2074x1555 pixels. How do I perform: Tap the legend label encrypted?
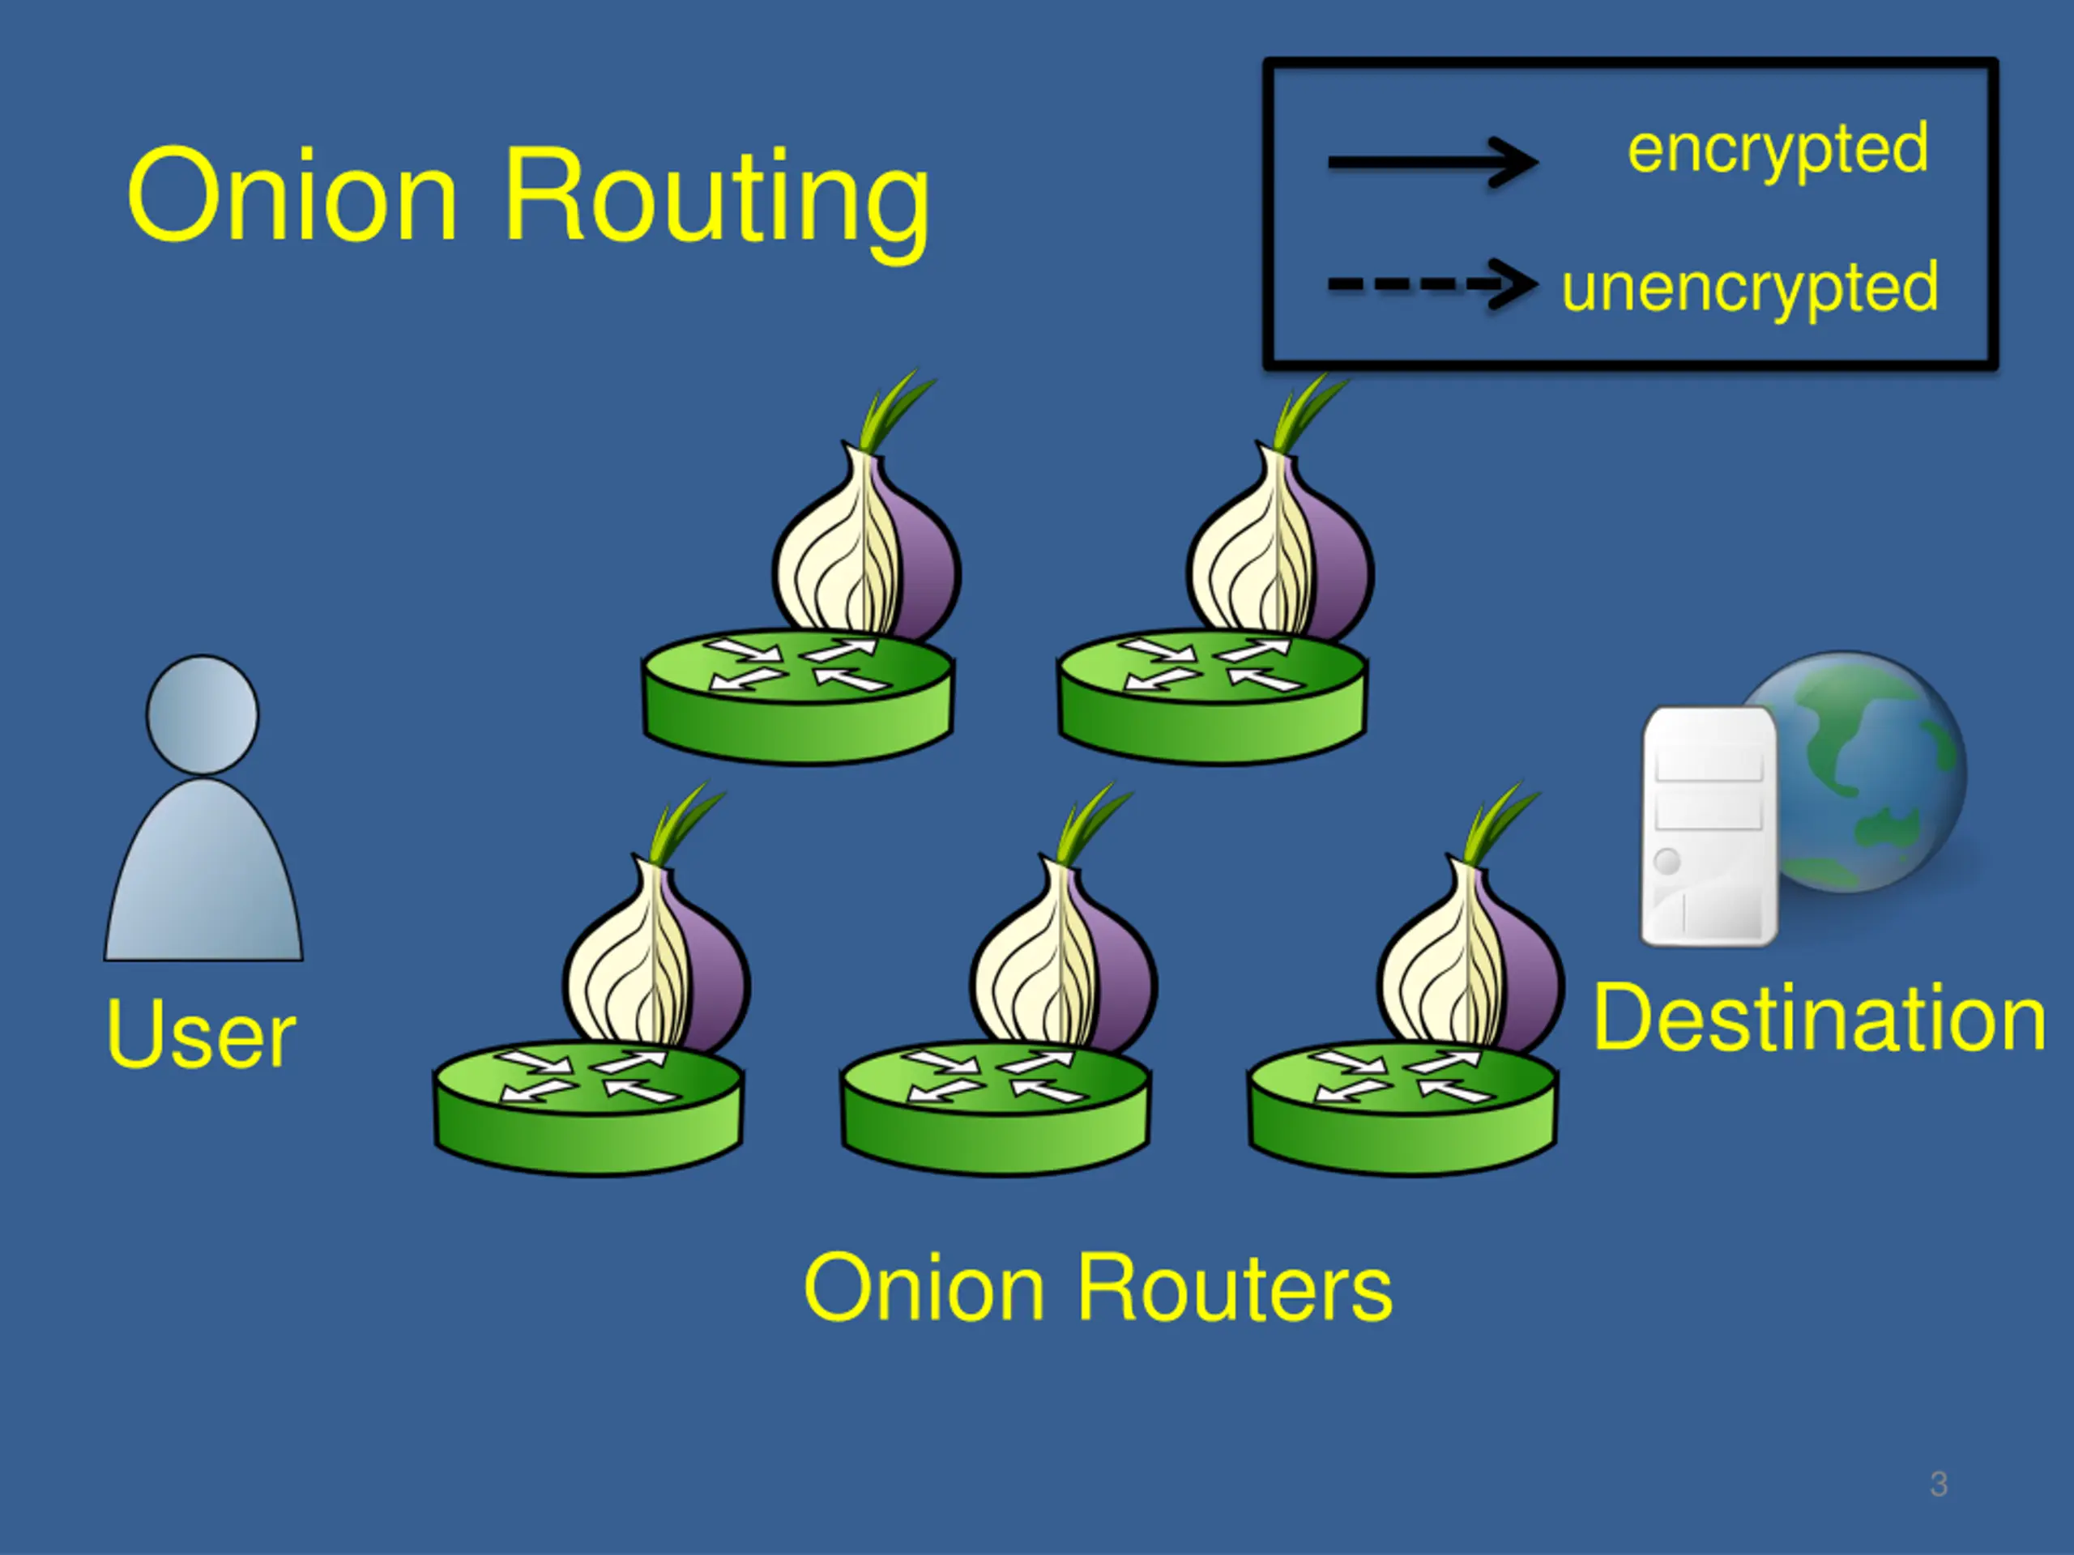click(1777, 150)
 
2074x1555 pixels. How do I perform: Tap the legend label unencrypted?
click(1748, 287)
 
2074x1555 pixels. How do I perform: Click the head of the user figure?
click(203, 714)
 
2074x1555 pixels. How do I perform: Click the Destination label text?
click(1818, 1019)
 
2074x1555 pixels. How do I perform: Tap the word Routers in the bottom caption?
click(1234, 1289)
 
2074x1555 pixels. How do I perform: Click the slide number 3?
click(1939, 1485)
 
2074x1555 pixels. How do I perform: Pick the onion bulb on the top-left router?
click(864, 553)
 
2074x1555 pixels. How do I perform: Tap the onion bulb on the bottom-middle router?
click(1061, 965)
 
